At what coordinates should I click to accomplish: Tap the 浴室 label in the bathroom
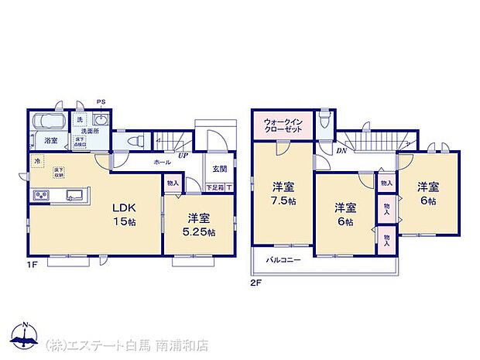(x=50, y=141)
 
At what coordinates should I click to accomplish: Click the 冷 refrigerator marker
(x=36, y=161)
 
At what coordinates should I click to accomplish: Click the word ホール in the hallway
(x=163, y=162)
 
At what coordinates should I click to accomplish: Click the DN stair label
(x=341, y=152)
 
